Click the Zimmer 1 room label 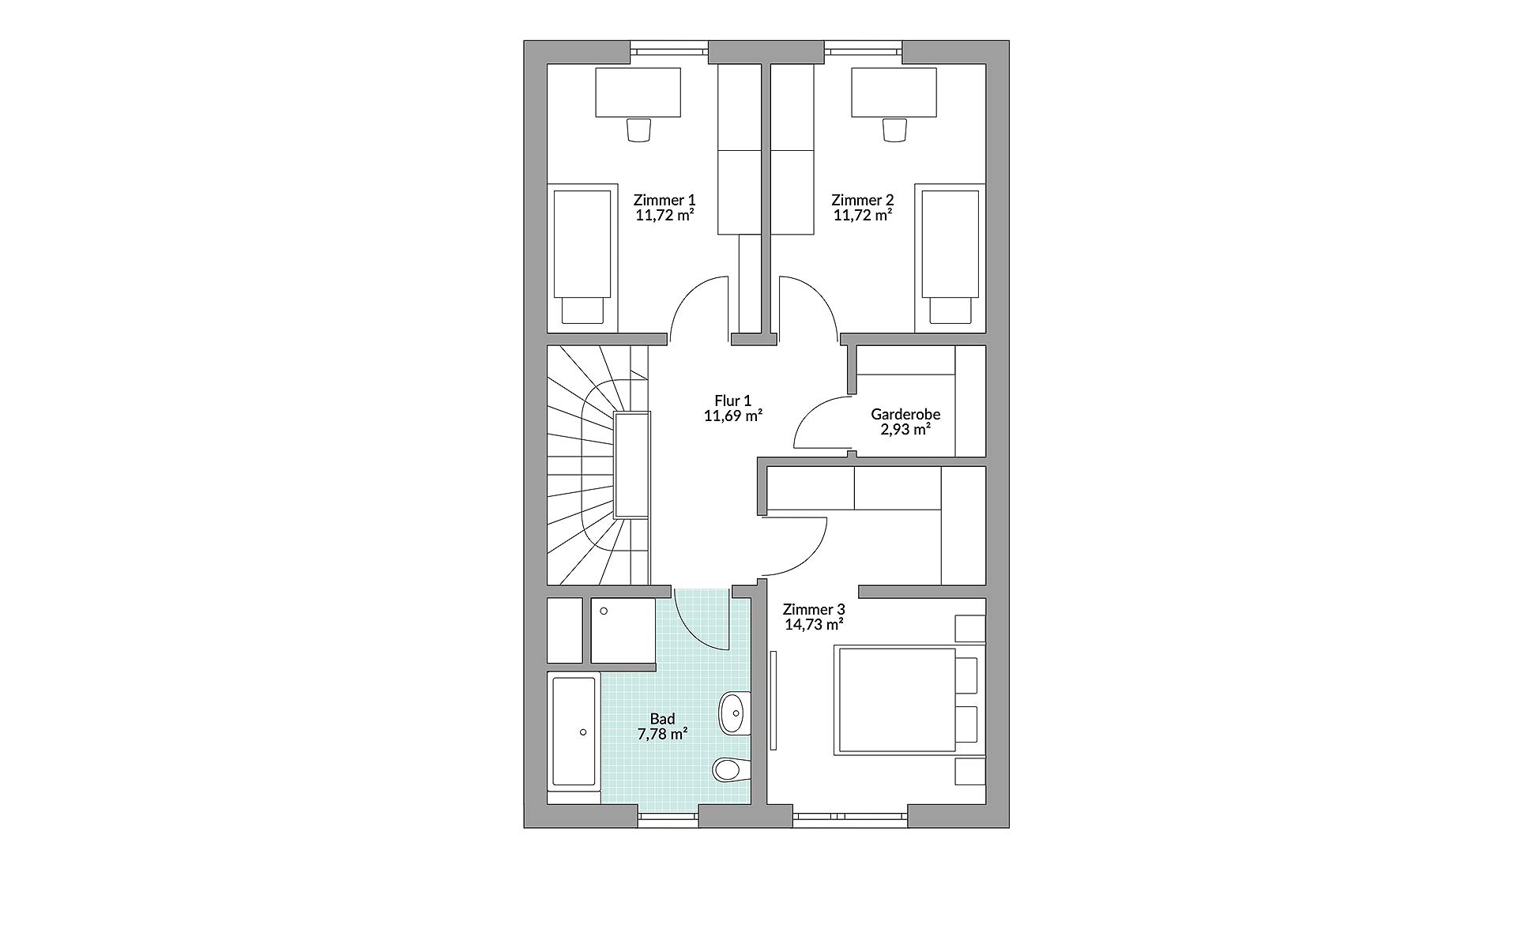tap(664, 200)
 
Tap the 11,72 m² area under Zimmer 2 tap(862, 215)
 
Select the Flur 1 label tap(732, 401)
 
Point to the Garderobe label tap(905, 414)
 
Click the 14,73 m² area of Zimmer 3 tap(813, 624)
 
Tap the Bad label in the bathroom tap(662, 719)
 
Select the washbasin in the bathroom tap(732, 713)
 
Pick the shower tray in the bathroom tap(623, 630)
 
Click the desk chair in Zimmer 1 tap(638, 130)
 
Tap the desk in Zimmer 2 tap(894, 92)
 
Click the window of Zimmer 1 tap(668, 51)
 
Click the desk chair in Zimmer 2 tap(894, 130)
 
